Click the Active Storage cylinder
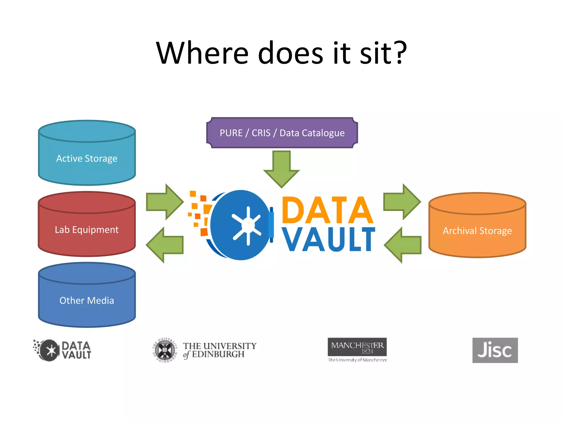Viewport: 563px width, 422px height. coord(87,159)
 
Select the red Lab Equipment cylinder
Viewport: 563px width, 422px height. coord(87,229)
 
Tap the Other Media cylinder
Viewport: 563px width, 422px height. coord(87,300)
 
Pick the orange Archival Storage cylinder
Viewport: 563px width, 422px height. coord(477,231)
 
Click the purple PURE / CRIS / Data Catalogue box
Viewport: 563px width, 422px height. coord(282,133)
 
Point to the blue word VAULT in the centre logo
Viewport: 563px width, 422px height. coord(328,239)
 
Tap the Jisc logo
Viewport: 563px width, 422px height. coord(495,350)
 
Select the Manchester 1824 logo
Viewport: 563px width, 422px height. coord(357,347)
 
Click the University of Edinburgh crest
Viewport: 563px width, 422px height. coord(165,350)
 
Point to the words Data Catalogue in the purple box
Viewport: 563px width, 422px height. coord(312,133)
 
